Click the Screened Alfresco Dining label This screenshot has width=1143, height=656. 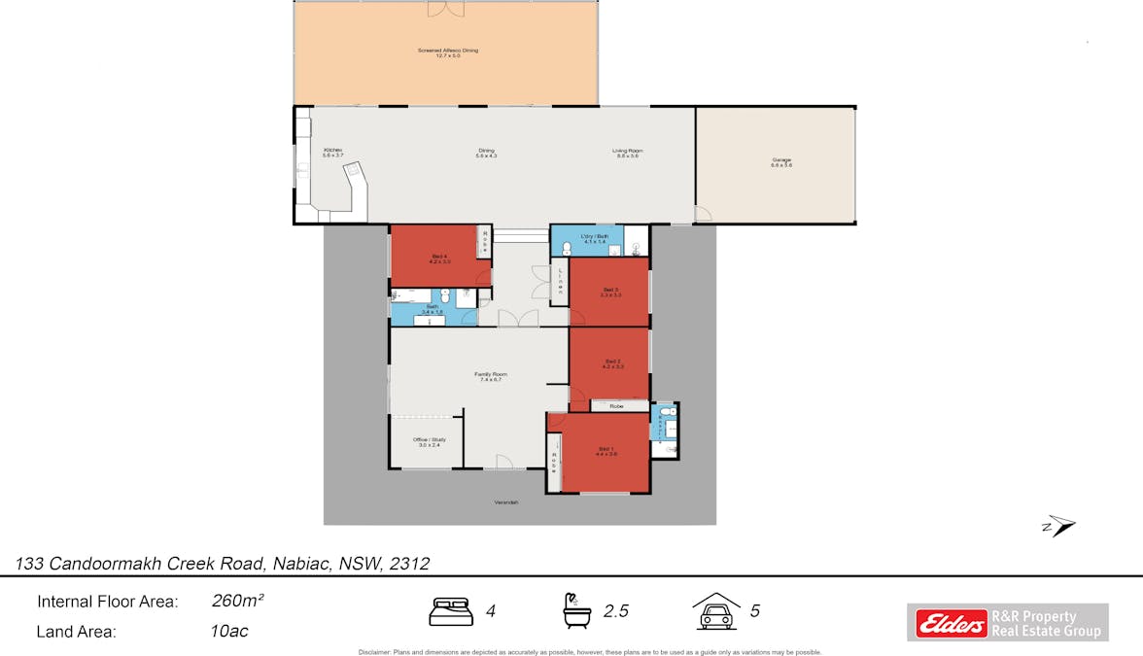[x=447, y=52]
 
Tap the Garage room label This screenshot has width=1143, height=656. [x=781, y=162]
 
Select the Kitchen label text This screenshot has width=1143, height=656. [x=332, y=152]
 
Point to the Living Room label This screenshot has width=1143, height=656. [x=627, y=153]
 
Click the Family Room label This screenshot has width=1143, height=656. [x=490, y=376]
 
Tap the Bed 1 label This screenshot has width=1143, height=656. [x=606, y=450]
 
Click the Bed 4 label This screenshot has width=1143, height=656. [x=439, y=259]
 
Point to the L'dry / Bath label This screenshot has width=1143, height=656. [x=593, y=238]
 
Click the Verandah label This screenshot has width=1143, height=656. [x=506, y=502]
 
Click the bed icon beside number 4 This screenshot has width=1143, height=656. [x=451, y=611]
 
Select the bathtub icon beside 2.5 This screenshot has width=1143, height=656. [x=576, y=611]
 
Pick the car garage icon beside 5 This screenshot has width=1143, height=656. [x=715, y=611]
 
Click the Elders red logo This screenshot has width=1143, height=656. [x=948, y=623]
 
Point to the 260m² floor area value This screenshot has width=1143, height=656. [x=238, y=601]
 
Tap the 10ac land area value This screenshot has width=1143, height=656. [x=229, y=631]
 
